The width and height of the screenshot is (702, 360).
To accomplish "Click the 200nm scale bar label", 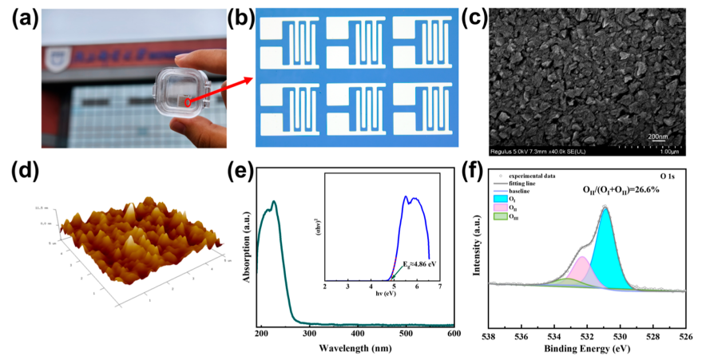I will pyautogui.click(x=657, y=136).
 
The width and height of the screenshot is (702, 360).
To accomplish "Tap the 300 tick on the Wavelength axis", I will pyautogui.click(x=309, y=334).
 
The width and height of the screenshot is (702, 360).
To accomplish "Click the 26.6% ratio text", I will pyautogui.click(x=629, y=190).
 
